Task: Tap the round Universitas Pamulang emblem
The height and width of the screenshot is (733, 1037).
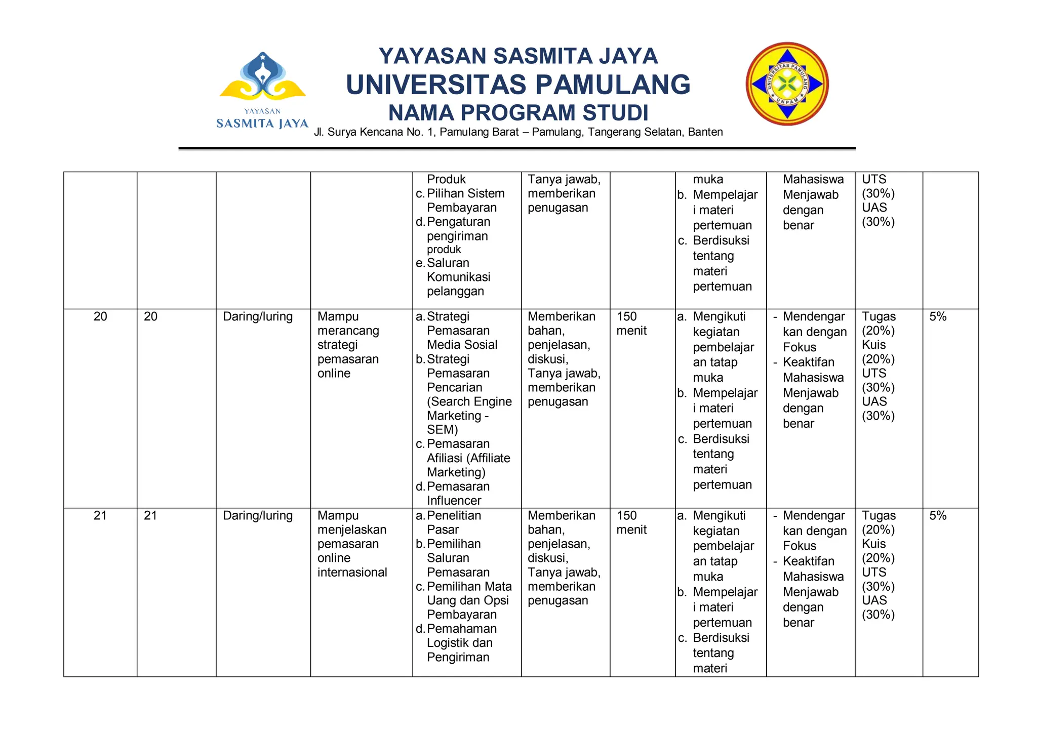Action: coord(787,84)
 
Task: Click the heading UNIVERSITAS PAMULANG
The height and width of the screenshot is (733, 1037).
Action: coord(518,85)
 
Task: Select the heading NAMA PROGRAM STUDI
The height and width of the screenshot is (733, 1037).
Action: coord(518,113)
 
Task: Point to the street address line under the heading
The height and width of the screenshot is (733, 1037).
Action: coord(518,132)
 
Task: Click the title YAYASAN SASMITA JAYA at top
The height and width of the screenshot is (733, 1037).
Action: coord(518,56)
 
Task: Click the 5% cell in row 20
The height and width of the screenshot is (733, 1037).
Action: coord(937,317)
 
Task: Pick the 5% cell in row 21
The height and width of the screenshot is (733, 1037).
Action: coord(937,516)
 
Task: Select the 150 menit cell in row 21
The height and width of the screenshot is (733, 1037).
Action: coord(631,522)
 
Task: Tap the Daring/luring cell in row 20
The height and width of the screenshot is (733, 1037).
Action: coord(258,317)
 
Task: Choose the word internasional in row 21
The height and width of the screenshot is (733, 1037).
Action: coord(352,573)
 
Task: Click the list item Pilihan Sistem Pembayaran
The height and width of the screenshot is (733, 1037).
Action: coord(465,200)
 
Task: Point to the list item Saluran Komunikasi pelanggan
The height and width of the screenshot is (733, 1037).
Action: coord(458,277)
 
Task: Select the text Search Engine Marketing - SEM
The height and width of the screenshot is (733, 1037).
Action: coord(469,416)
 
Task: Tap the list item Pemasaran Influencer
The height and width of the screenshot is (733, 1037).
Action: coord(458,494)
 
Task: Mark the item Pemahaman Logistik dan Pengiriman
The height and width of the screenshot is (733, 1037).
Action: coord(461,643)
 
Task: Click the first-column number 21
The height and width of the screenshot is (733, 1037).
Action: coord(100,516)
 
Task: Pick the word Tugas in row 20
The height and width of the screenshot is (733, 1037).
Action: coord(879,317)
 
